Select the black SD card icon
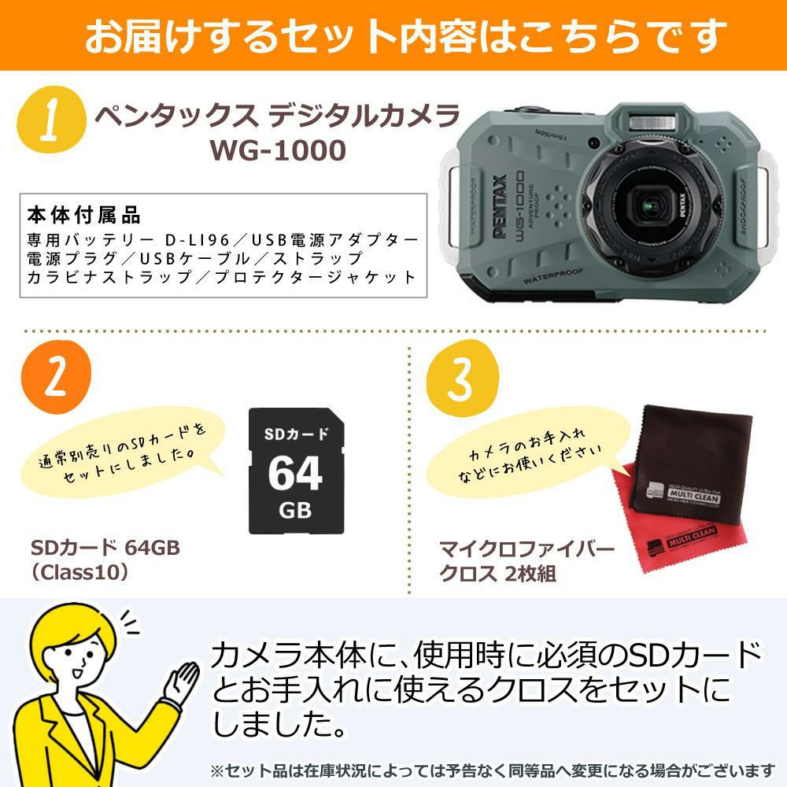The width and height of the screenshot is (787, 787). pos(295,471)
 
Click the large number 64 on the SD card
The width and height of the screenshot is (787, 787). pos(295,472)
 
